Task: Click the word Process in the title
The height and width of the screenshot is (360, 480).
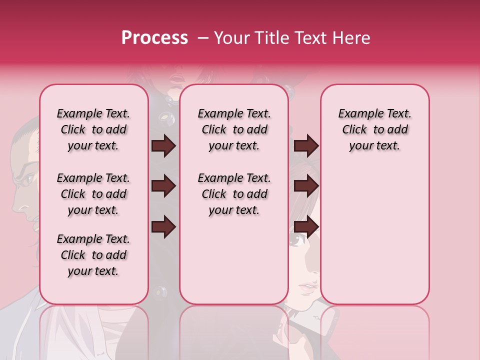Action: pos(154,38)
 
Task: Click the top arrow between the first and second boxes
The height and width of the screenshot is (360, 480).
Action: pos(163,145)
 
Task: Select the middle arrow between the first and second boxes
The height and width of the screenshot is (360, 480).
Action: pos(163,186)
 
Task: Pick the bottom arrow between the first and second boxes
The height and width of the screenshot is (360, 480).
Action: pos(163,227)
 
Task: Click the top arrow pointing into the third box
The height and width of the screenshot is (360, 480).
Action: pos(306,145)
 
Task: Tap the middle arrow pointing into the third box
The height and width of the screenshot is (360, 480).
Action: pos(306,186)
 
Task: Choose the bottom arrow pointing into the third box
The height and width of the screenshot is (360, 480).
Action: pos(306,227)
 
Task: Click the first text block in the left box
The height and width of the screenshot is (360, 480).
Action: pos(93,129)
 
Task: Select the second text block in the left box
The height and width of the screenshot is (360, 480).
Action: pos(93,194)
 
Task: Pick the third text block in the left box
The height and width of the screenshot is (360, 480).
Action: pos(93,255)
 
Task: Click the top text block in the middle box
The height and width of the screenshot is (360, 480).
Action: pos(234,129)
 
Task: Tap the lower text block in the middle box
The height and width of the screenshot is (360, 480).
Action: pos(234,194)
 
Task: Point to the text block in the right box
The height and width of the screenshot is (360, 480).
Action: pos(374,129)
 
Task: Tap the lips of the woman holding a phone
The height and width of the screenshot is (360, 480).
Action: pos(308,289)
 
